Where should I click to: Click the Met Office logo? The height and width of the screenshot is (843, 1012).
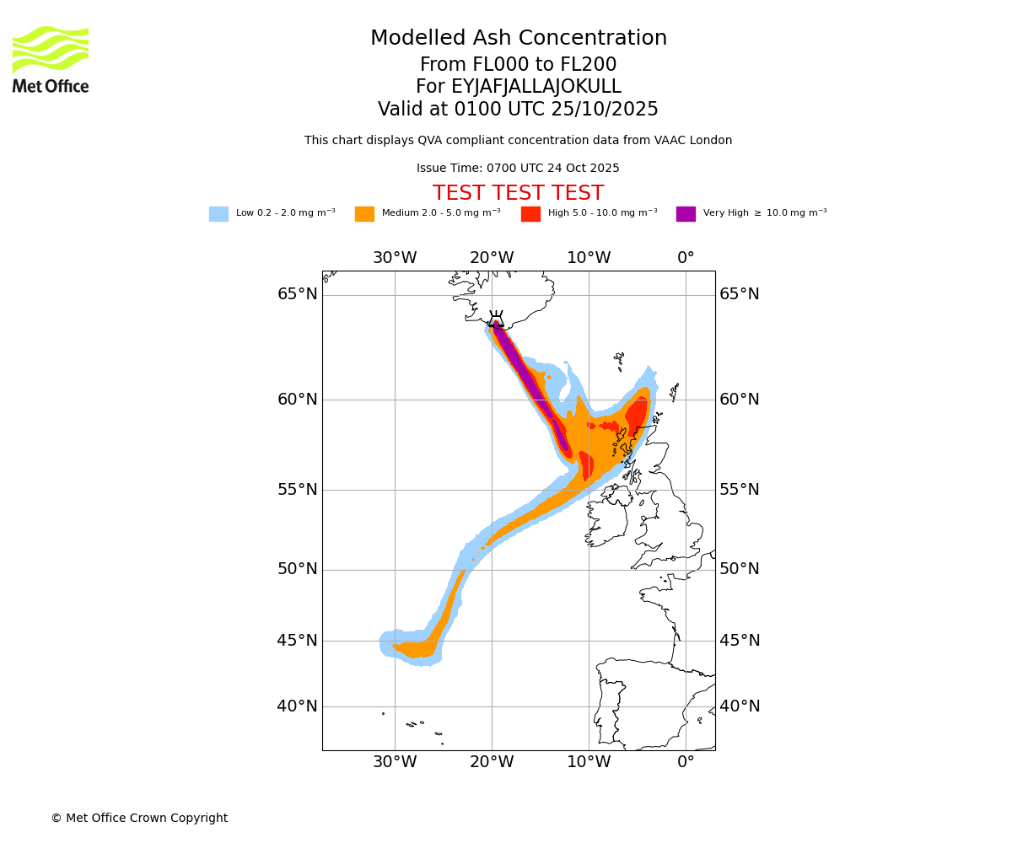(51, 59)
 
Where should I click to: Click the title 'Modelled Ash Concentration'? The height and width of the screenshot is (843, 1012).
(518, 39)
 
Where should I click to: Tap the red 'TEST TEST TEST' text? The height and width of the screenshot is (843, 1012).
(518, 194)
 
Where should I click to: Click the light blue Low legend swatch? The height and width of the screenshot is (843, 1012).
(218, 214)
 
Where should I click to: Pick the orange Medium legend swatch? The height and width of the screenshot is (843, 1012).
(364, 214)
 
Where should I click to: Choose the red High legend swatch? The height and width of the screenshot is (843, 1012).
(530, 214)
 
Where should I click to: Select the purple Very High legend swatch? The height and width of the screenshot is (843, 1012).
(686, 214)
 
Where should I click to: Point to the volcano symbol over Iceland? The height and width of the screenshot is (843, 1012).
(496, 319)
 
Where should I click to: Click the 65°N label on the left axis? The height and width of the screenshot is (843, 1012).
(298, 294)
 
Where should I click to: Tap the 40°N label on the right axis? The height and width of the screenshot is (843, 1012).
(740, 706)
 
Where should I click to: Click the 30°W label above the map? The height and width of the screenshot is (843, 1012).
(395, 258)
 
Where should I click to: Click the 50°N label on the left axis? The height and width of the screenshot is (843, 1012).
(298, 569)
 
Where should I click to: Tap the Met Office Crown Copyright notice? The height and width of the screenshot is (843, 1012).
(139, 819)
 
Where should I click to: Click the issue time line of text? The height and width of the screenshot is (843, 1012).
(518, 169)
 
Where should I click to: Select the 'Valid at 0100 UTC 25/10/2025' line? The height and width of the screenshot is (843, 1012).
(518, 110)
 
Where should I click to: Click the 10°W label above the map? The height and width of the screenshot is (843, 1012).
(589, 258)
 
